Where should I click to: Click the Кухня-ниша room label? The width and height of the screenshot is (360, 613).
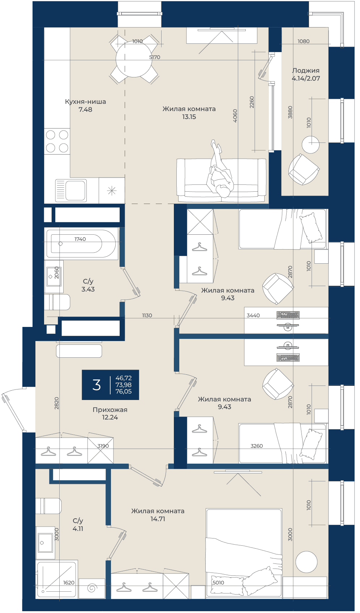point(85,102)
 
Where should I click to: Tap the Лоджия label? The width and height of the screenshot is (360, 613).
point(305,71)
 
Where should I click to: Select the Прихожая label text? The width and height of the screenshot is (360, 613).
point(110,410)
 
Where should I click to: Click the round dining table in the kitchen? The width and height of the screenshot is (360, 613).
point(134,59)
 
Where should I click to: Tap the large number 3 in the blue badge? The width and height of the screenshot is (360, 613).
point(96,385)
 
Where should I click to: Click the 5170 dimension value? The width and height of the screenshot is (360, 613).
point(155,57)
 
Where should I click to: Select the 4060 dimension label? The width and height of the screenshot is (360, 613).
point(235,115)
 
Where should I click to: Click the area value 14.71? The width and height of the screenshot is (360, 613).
point(158,519)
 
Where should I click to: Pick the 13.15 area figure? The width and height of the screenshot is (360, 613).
point(189,117)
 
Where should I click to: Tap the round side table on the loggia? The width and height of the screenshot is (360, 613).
point(310,145)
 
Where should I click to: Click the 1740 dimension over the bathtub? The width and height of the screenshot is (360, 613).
point(80,239)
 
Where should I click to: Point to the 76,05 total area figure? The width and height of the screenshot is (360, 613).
point(123,391)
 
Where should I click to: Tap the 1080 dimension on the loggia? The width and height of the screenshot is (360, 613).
point(304,41)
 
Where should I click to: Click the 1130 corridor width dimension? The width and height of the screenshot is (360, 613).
point(147,315)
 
